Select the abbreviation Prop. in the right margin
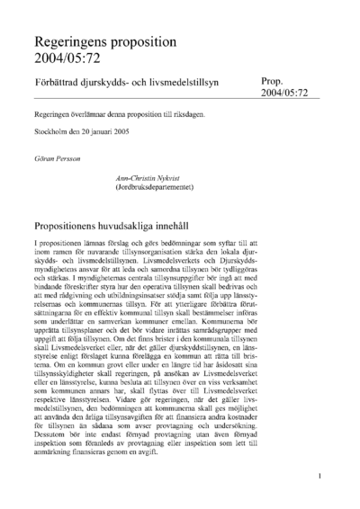274,80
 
